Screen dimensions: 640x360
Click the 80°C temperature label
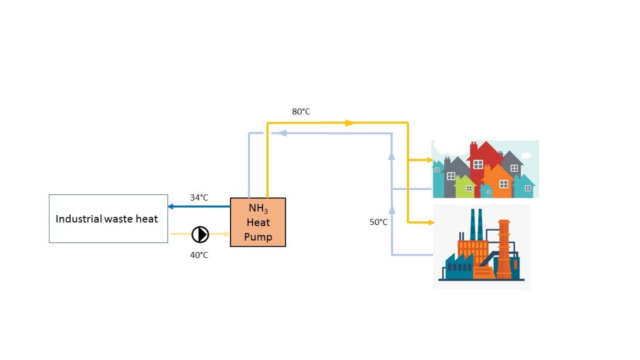pos(301,111)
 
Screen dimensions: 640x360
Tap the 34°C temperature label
pos(199,197)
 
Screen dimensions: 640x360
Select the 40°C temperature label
pos(199,255)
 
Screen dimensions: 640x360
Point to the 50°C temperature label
pos(378,222)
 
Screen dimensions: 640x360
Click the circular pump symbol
pos(200,234)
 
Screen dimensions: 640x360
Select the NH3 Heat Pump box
pos(258,222)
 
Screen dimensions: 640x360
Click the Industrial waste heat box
pos(108,219)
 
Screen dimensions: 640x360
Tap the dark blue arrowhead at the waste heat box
pos(171,206)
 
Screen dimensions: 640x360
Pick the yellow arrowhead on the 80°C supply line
pos(350,123)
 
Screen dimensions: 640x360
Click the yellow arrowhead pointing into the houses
pos(430,160)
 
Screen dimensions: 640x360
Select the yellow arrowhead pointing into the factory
pos(431,222)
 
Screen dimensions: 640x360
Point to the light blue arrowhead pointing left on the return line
pos(282,133)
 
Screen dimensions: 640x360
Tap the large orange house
pos(497,182)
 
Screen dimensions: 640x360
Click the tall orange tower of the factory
pos(504,249)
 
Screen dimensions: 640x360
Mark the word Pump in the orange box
pos(258,237)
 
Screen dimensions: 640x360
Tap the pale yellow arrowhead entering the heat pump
pos(226,234)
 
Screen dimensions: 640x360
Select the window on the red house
pos(478,164)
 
